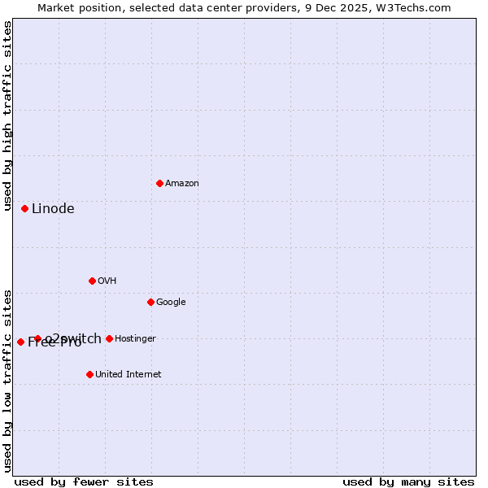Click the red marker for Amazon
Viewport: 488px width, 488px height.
click(x=159, y=183)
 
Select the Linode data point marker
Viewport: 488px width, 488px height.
click(x=24, y=208)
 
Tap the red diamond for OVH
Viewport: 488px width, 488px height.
click(x=92, y=281)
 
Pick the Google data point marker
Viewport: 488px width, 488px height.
click(x=150, y=302)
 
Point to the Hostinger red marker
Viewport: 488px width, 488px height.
click(x=109, y=338)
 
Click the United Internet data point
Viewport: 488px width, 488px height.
click(x=89, y=374)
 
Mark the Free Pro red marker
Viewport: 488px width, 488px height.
click(x=20, y=342)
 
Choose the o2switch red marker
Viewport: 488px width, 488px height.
click(x=37, y=338)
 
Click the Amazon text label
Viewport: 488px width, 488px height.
click(x=182, y=184)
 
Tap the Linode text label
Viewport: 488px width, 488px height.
click(x=53, y=209)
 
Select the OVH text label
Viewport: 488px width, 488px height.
click(x=107, y=281)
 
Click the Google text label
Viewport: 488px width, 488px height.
click(x=171, y=303)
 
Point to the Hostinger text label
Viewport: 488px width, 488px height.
click(x=135, y=339)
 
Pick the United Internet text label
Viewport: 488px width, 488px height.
click(x=128, y=375)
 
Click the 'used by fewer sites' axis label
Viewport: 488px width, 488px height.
click(x=84, y=481)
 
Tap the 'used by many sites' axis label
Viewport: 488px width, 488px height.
click(x=408, y=481)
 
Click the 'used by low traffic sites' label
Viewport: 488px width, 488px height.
click(x=7, y=381)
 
